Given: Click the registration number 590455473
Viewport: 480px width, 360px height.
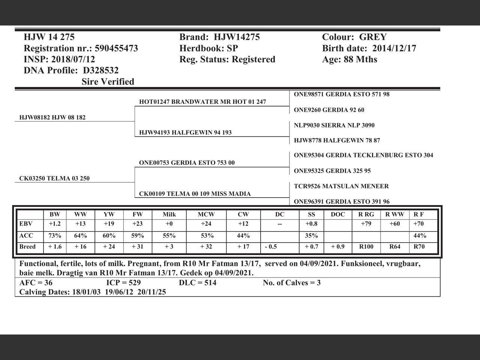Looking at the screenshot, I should tap(116, 48).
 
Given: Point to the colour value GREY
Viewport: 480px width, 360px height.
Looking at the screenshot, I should tap(373, 37).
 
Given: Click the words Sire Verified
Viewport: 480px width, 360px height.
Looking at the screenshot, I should tap(108, 82).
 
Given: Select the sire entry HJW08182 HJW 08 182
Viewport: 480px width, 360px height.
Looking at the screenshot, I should tap(52, 117).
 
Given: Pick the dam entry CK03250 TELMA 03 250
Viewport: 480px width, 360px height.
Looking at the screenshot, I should tap(54, 178).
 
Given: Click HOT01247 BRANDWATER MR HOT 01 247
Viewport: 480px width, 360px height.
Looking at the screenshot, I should tap(202, 102).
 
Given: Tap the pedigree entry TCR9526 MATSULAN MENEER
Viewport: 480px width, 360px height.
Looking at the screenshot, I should tap(341, 186).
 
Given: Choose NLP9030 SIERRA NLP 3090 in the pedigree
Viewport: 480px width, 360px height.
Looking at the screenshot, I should tap(334, 125).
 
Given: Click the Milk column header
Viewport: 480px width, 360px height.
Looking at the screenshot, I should tap(169, 214).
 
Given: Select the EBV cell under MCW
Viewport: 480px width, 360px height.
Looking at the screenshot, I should tap(206, 224).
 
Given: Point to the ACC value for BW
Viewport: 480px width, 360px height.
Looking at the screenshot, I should tap(55, 236).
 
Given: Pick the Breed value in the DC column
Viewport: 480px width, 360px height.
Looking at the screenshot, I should tap(271, 247).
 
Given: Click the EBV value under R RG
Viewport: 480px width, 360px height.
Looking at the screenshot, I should tap(366, 224).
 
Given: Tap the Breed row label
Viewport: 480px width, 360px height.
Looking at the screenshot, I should tap(27, 247).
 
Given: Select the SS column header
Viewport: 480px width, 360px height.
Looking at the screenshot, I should tap(311, 214).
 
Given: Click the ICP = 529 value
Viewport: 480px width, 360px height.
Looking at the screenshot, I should tap(123, 283).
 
